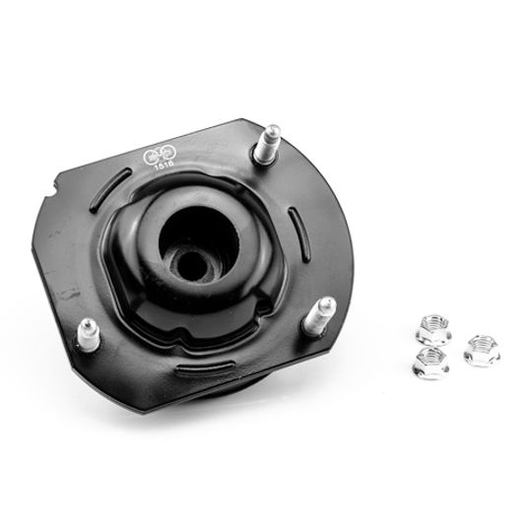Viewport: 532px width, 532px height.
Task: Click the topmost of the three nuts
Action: click(x=432, y=326)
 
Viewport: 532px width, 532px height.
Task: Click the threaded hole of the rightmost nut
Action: click(x=480, y=345)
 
